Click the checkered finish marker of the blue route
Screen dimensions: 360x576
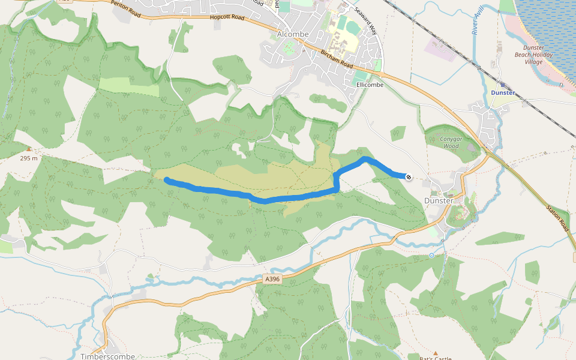tap(409, 176)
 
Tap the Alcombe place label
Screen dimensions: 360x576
tap(293, 34)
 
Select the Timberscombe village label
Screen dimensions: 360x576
tap(107, 356)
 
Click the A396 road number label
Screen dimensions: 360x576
tap(272, 279)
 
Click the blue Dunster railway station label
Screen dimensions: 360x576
tap(503, 93)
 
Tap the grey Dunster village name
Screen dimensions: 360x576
tap(438, 200)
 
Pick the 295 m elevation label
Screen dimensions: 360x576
tap(29, 158)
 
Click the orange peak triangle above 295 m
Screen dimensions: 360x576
tap(29, 149)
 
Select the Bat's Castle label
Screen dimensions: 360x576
tap(435, 358)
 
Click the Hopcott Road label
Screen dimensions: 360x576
tap(227, 18)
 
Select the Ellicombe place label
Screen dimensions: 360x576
tap(370, 85)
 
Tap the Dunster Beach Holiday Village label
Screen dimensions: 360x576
tap(533, 55)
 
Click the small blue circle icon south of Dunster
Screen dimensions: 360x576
tap(431, 256)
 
